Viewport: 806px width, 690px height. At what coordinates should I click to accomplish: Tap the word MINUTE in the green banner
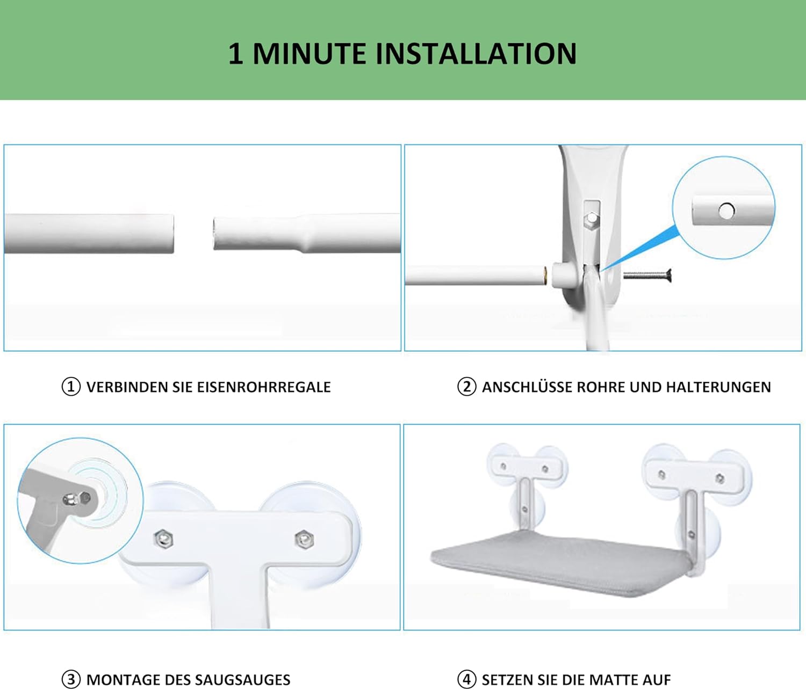coord(309,54)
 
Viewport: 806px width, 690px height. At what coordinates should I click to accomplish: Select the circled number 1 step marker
coord(71,387)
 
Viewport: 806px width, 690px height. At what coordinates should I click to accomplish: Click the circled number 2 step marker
coord(466,387)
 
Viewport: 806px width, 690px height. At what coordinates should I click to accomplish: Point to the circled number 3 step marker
coord(71,679)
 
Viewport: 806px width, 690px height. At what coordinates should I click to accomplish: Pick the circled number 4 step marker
coord(466,679)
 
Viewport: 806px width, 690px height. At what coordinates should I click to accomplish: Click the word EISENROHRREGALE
coord(264,387)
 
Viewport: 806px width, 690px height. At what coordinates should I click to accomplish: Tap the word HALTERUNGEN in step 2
coord(718,387)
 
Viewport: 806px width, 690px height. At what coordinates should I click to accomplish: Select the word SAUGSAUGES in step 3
coord(242,680)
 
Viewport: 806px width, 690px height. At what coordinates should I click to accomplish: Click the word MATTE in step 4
coord(615,680)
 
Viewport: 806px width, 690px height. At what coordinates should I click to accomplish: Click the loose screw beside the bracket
coord(647,275)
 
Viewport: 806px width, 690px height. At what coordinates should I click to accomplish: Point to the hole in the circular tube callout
coord(726,211)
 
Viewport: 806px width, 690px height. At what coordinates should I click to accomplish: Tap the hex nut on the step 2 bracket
coord(592,218)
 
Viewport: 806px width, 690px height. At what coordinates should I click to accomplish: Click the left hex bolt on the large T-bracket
coord(164,539)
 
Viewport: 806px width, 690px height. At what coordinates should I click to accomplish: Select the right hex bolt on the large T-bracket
coord(304,539)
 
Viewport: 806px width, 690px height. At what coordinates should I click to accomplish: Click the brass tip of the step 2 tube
coord(545,275)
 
